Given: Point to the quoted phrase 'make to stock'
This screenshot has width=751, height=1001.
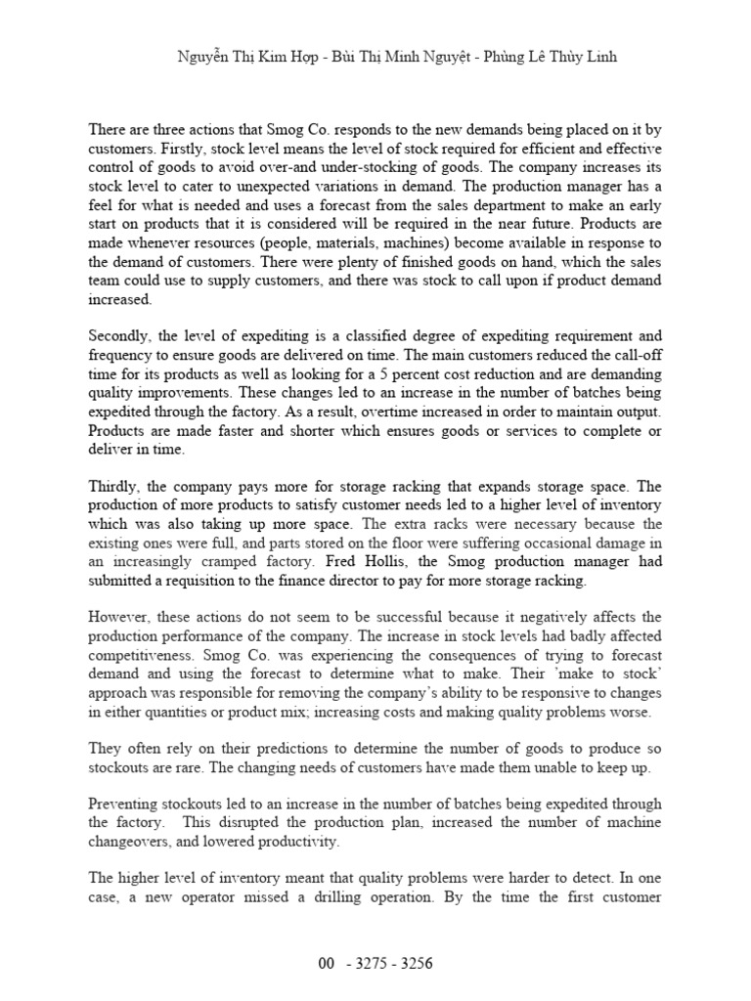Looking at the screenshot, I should click(615, 675).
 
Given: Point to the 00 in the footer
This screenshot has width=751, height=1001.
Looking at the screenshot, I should click(327, 963).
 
